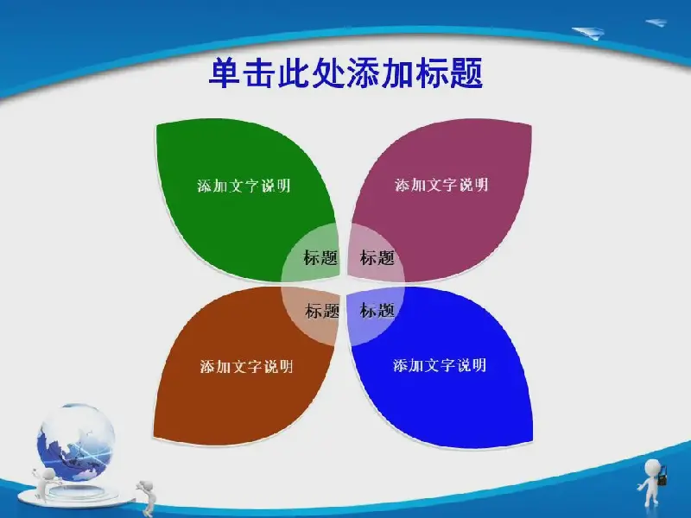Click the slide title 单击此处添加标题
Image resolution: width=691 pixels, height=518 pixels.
(346, 73)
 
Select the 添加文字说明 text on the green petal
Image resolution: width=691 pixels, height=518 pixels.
(244, 186)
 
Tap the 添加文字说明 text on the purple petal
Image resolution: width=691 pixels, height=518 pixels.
(441, 185)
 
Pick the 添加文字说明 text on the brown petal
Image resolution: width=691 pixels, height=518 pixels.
(246, 366)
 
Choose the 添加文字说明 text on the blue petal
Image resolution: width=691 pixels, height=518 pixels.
(440, 365)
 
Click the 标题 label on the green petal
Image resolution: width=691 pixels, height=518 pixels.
(320, 257)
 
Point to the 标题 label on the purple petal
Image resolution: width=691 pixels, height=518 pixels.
(377, 257)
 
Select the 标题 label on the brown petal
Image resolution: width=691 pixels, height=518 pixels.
(322, 311)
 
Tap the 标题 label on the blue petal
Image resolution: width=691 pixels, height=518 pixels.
(377, 310)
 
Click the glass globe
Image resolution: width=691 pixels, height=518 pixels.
(76, 442)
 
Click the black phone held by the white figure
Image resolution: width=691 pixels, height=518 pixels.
(662, 477)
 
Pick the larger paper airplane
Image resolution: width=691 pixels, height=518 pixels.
(589, 33)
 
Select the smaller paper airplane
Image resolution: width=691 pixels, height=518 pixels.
(656, 22)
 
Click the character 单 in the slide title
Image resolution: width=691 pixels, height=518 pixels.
(225, 73)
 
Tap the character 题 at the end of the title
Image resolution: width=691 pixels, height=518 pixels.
(467, 73)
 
